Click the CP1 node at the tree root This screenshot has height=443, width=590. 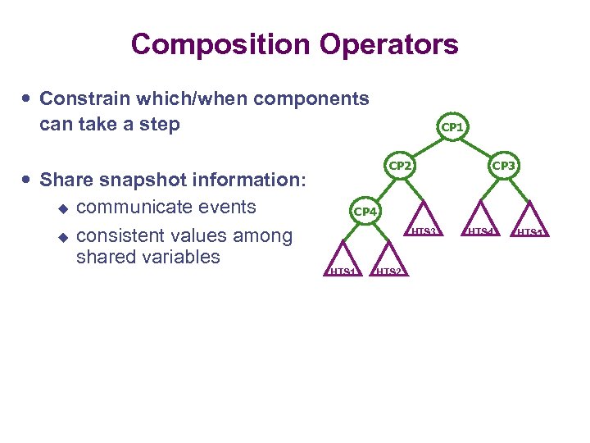(x=452, y=127)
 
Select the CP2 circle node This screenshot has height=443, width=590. (x=400, y=165)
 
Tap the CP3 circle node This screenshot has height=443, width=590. (x=503, y=165)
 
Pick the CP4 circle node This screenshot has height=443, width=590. (x=364, y=212)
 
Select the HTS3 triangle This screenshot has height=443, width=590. (x=423, y=221)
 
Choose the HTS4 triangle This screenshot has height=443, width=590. (x=479, y=221)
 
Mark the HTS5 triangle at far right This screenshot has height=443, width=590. (x=529, y=222)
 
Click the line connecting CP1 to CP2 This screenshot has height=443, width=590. (x=426, y=146)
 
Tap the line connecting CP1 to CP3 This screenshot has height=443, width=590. (x=478, y=146)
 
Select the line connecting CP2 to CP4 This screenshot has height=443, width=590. (x=382, y=189)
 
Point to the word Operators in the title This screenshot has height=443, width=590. (x=391, y=44)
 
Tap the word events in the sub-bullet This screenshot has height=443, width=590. (x=229, y=207)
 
